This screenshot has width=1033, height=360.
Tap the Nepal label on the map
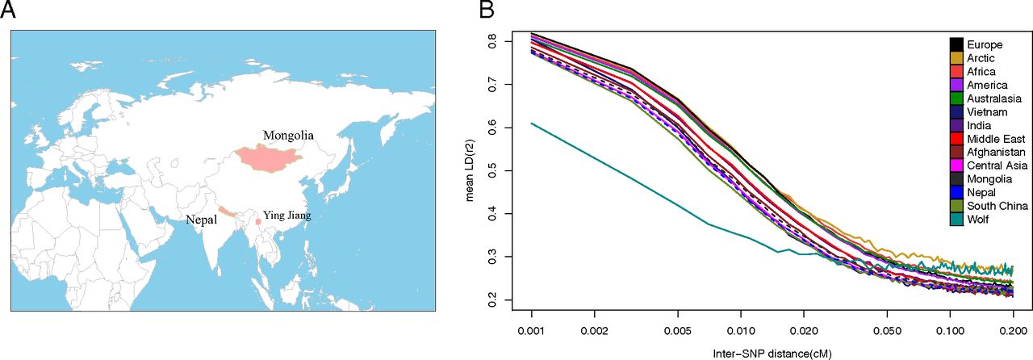coord(201,218)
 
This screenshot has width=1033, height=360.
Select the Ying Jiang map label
coord(286,216)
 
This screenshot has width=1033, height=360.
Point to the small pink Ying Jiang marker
coord(258,221)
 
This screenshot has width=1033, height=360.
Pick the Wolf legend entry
coord(979,220)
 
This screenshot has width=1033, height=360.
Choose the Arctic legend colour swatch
coord(956,58)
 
